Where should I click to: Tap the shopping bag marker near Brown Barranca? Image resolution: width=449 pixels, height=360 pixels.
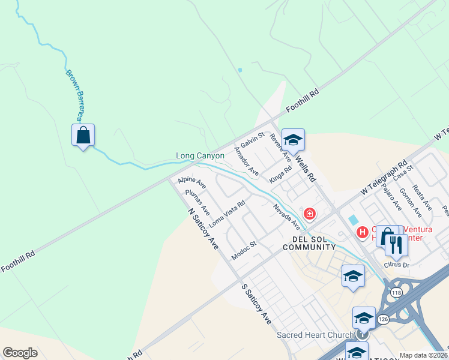coord(83,135)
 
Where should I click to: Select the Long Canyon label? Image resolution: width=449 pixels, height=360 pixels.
coord(200,156)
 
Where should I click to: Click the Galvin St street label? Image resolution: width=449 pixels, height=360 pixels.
coord(252,142)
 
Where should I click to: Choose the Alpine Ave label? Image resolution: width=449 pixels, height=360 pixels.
coord(191,182)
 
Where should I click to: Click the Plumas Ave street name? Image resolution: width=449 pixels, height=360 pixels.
coord(197,202)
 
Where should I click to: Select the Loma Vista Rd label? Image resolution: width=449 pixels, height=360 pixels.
coord(227,213)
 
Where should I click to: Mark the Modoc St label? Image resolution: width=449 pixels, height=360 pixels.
coord(244,251)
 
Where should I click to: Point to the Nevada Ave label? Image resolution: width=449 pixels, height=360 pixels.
coord(286,217)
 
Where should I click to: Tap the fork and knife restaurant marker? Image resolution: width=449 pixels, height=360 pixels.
coord(396,244)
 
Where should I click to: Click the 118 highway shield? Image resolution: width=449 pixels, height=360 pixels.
coord(396,292)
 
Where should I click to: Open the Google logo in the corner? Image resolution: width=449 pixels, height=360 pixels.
coord(20,353)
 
